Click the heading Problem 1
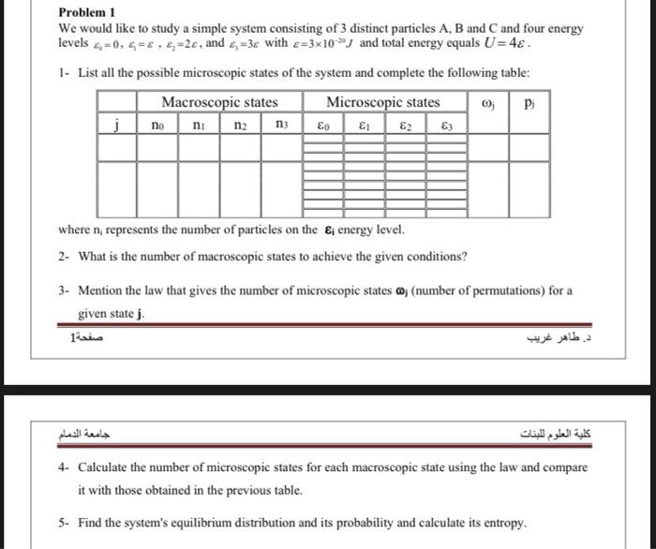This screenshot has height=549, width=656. pyautogui.click(x=85, y=13)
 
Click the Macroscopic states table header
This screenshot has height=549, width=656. pyautogui.click(x=219, y=101)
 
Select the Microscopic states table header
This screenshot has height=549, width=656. pyautogui.click(x=382, y=101)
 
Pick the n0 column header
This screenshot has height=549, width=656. pyautogui.click(x=157, y=123)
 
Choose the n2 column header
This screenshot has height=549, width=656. pyautogui.click(x=240, y=123)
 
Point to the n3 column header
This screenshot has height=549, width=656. pyautogui.click(x=282, y=123)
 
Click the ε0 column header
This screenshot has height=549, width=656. pyautogui.click(x=323, y=123)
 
